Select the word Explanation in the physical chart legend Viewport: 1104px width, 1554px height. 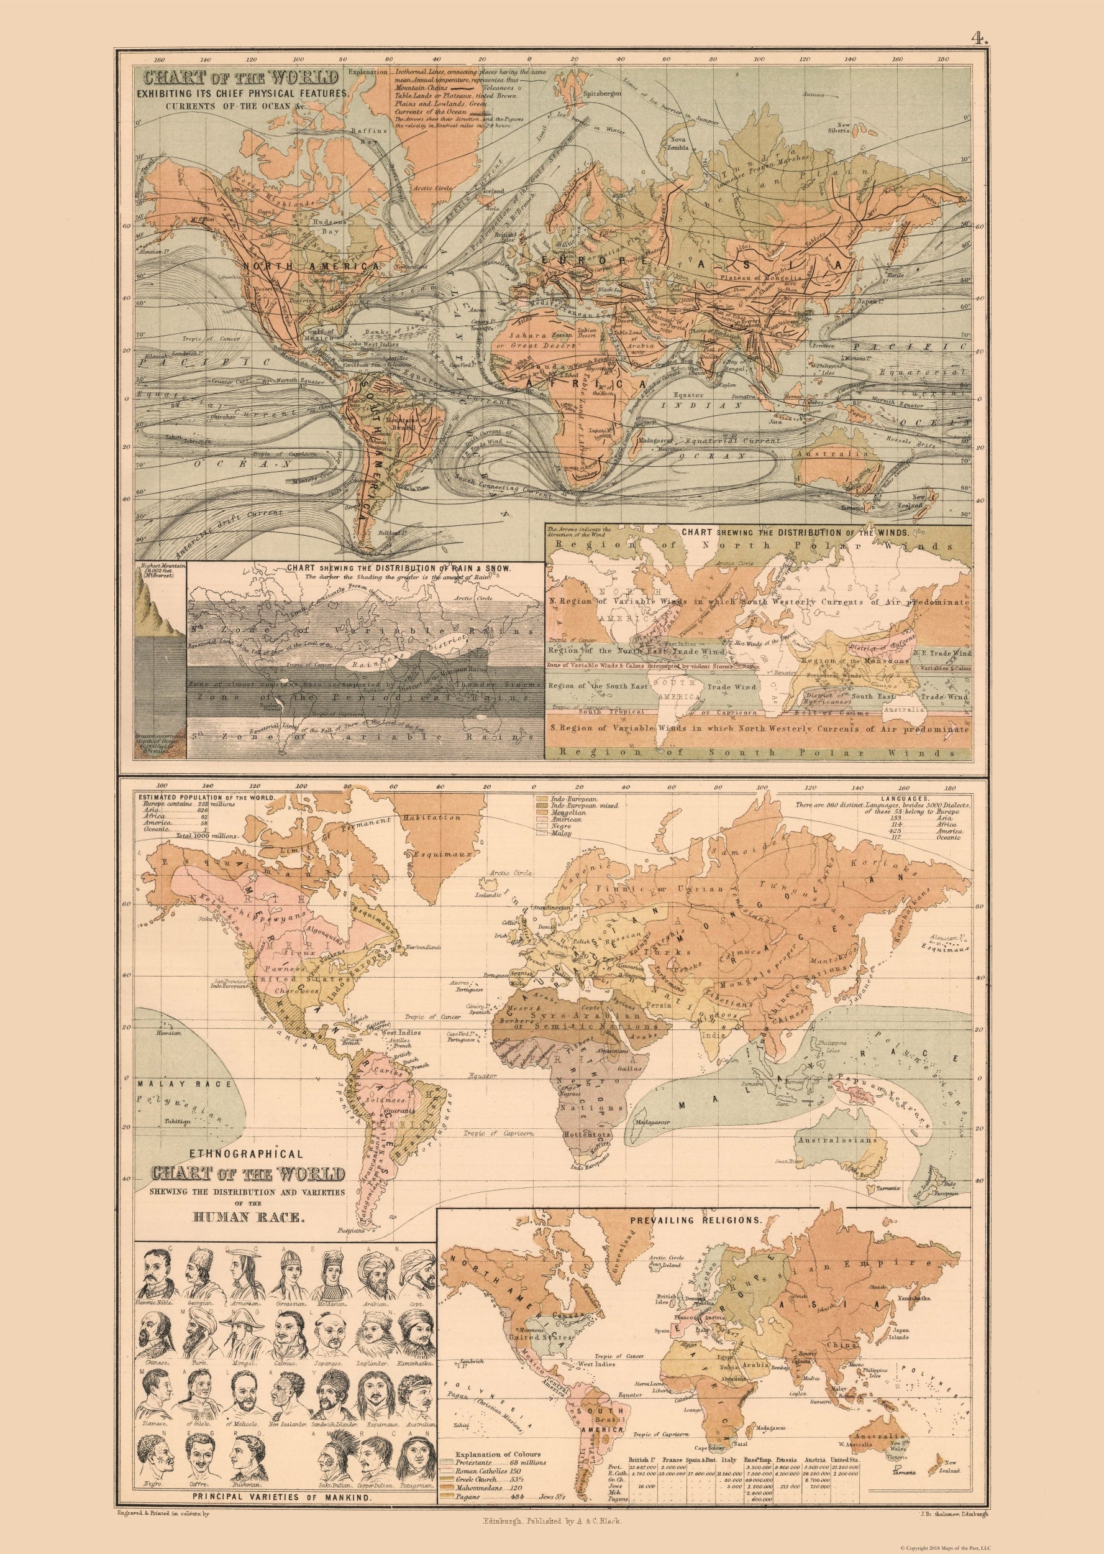point(367,71)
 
